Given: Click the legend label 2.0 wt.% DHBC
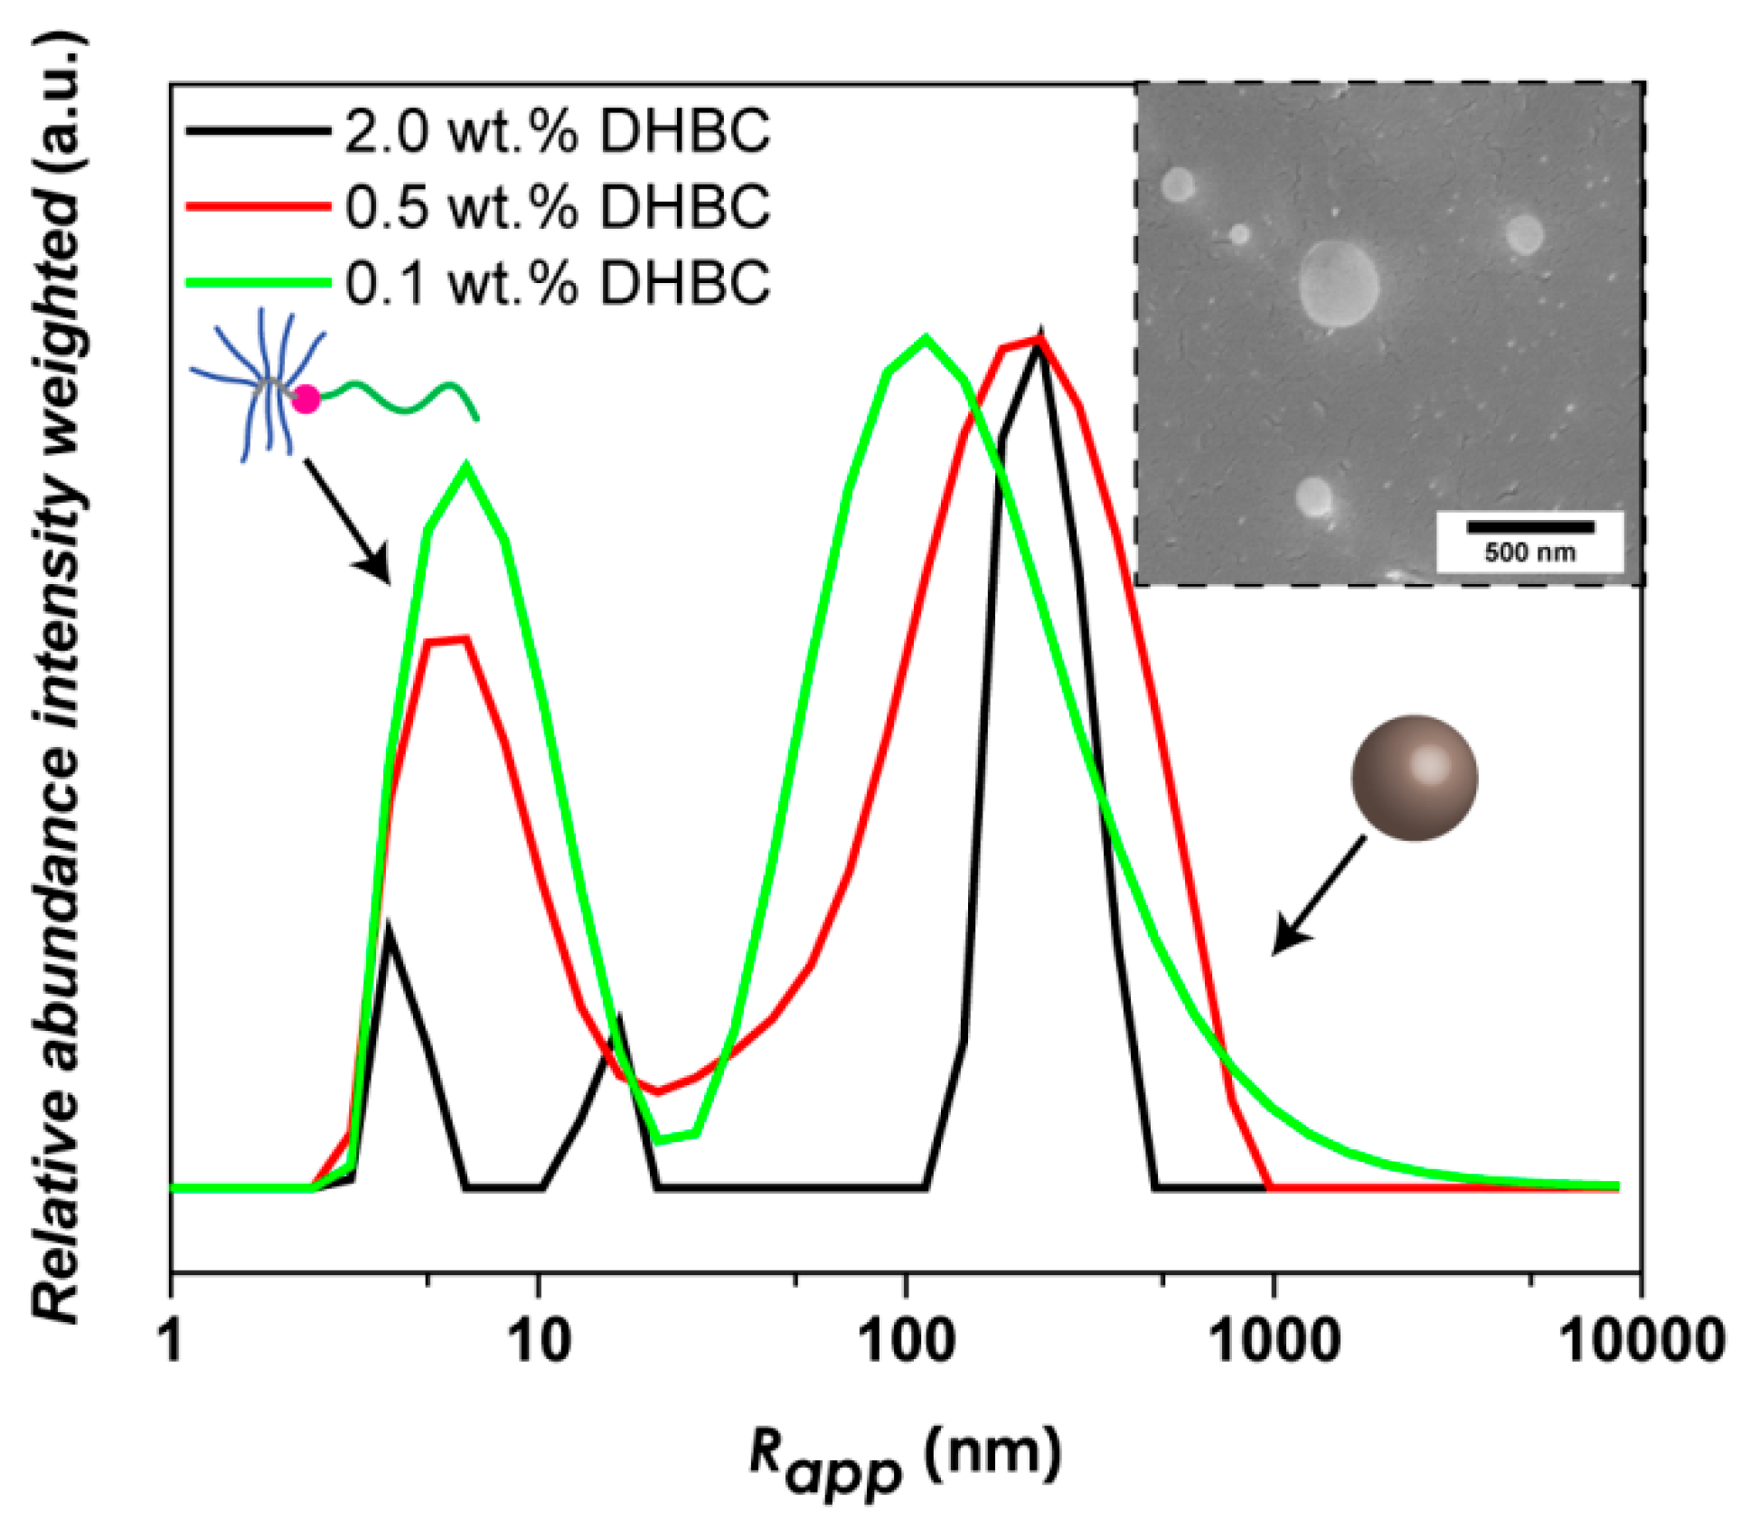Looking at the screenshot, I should pos(557,132).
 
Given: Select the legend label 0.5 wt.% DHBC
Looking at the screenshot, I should pos(557,207).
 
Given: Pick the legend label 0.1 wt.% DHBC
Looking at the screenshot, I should pos(557,282).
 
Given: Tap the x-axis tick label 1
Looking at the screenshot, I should pos(171,1340).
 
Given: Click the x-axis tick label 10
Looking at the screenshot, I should pos(540,1340).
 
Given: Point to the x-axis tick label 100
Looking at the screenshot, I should pos(907,1340).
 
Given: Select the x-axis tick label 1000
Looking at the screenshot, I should pos(1274,1340).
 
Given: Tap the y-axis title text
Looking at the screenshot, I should pos(56,678).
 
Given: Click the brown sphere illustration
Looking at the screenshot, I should pos(1415,779).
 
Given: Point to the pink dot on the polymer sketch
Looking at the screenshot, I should pos(306,398).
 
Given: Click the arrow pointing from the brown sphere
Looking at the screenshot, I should pos(1319,896).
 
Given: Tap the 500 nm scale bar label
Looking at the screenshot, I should pos(1529,552).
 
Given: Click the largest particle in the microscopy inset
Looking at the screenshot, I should pos(1339,283).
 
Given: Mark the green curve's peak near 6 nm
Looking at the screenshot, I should pos(466,467).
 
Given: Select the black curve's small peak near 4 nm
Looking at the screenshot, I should pos(389,926).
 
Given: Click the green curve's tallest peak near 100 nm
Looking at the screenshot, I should pos(925,339).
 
